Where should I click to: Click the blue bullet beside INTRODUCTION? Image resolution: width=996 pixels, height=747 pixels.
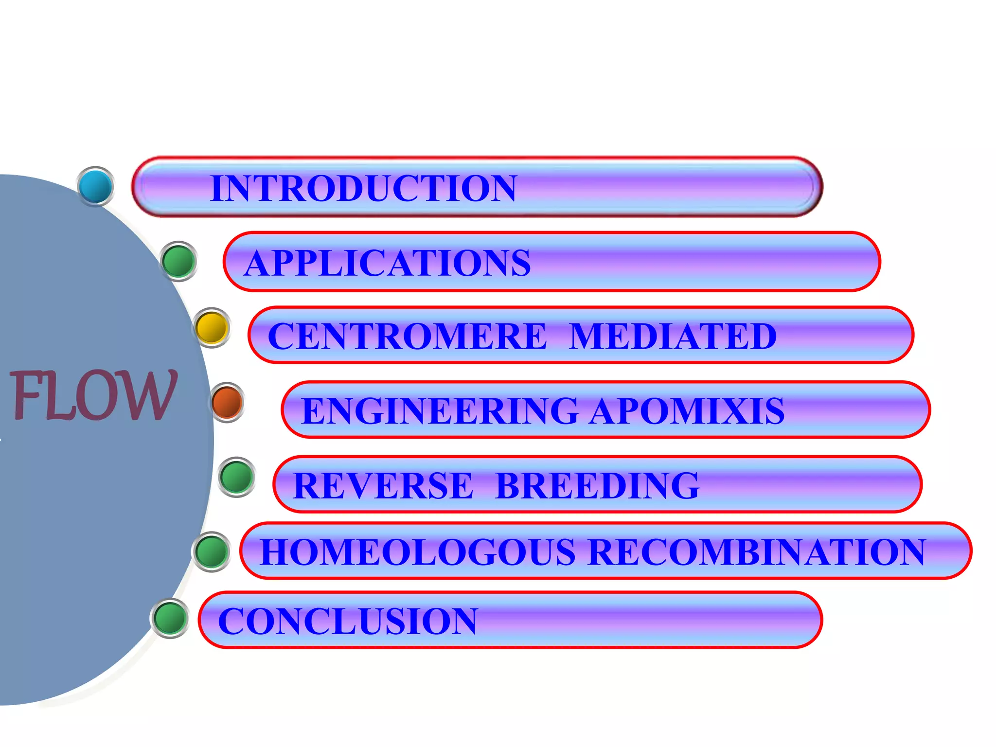pyautogui.click(x=96, y=186)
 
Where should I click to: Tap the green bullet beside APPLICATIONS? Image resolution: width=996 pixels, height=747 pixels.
pyautogui.click(x=179, y=261)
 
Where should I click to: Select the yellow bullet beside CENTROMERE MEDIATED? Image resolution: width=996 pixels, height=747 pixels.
pyautogui.click(x=212, y=327)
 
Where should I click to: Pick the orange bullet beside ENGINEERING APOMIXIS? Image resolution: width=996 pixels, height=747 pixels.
pyautogui.click(x=227, y=402)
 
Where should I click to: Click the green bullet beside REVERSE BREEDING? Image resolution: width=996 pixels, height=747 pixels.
pyautogui.click(x=237, y=477)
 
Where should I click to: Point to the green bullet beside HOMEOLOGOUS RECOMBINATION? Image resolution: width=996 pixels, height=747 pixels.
pyautogui.click(x=212, y=551)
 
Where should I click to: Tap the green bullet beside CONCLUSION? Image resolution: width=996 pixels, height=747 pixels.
pyautogui.click(x=170, y=618)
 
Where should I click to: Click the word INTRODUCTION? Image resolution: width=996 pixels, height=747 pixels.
pyautogui.click(x=363, y=188)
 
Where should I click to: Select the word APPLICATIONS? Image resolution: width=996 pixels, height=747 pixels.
pyautogui.click(x=388, y=263)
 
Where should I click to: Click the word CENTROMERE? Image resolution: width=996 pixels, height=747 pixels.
pyautogui.click(x=408, y=336)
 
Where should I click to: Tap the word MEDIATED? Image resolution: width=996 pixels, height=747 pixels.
pyautogui.click(x=673, y=336)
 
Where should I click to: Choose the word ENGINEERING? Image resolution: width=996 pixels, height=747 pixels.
pyautogui.click(x=440, y=411)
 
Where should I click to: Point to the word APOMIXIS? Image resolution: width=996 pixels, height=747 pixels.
pyautogui.click(x=687, y=411)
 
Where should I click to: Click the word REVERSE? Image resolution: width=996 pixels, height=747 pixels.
pyautogui.click(x=383, y=485)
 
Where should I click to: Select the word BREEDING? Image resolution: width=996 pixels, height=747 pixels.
pyautogui.click(x=598, y=485)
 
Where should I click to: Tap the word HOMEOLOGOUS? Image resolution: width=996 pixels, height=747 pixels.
pyautogui.click(x=418, y=552)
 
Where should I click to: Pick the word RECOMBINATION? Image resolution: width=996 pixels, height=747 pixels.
pyautogui.click(x=757, y=552)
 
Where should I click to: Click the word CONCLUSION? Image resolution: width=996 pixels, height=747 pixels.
pyautogui.click(x=348, y=621)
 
